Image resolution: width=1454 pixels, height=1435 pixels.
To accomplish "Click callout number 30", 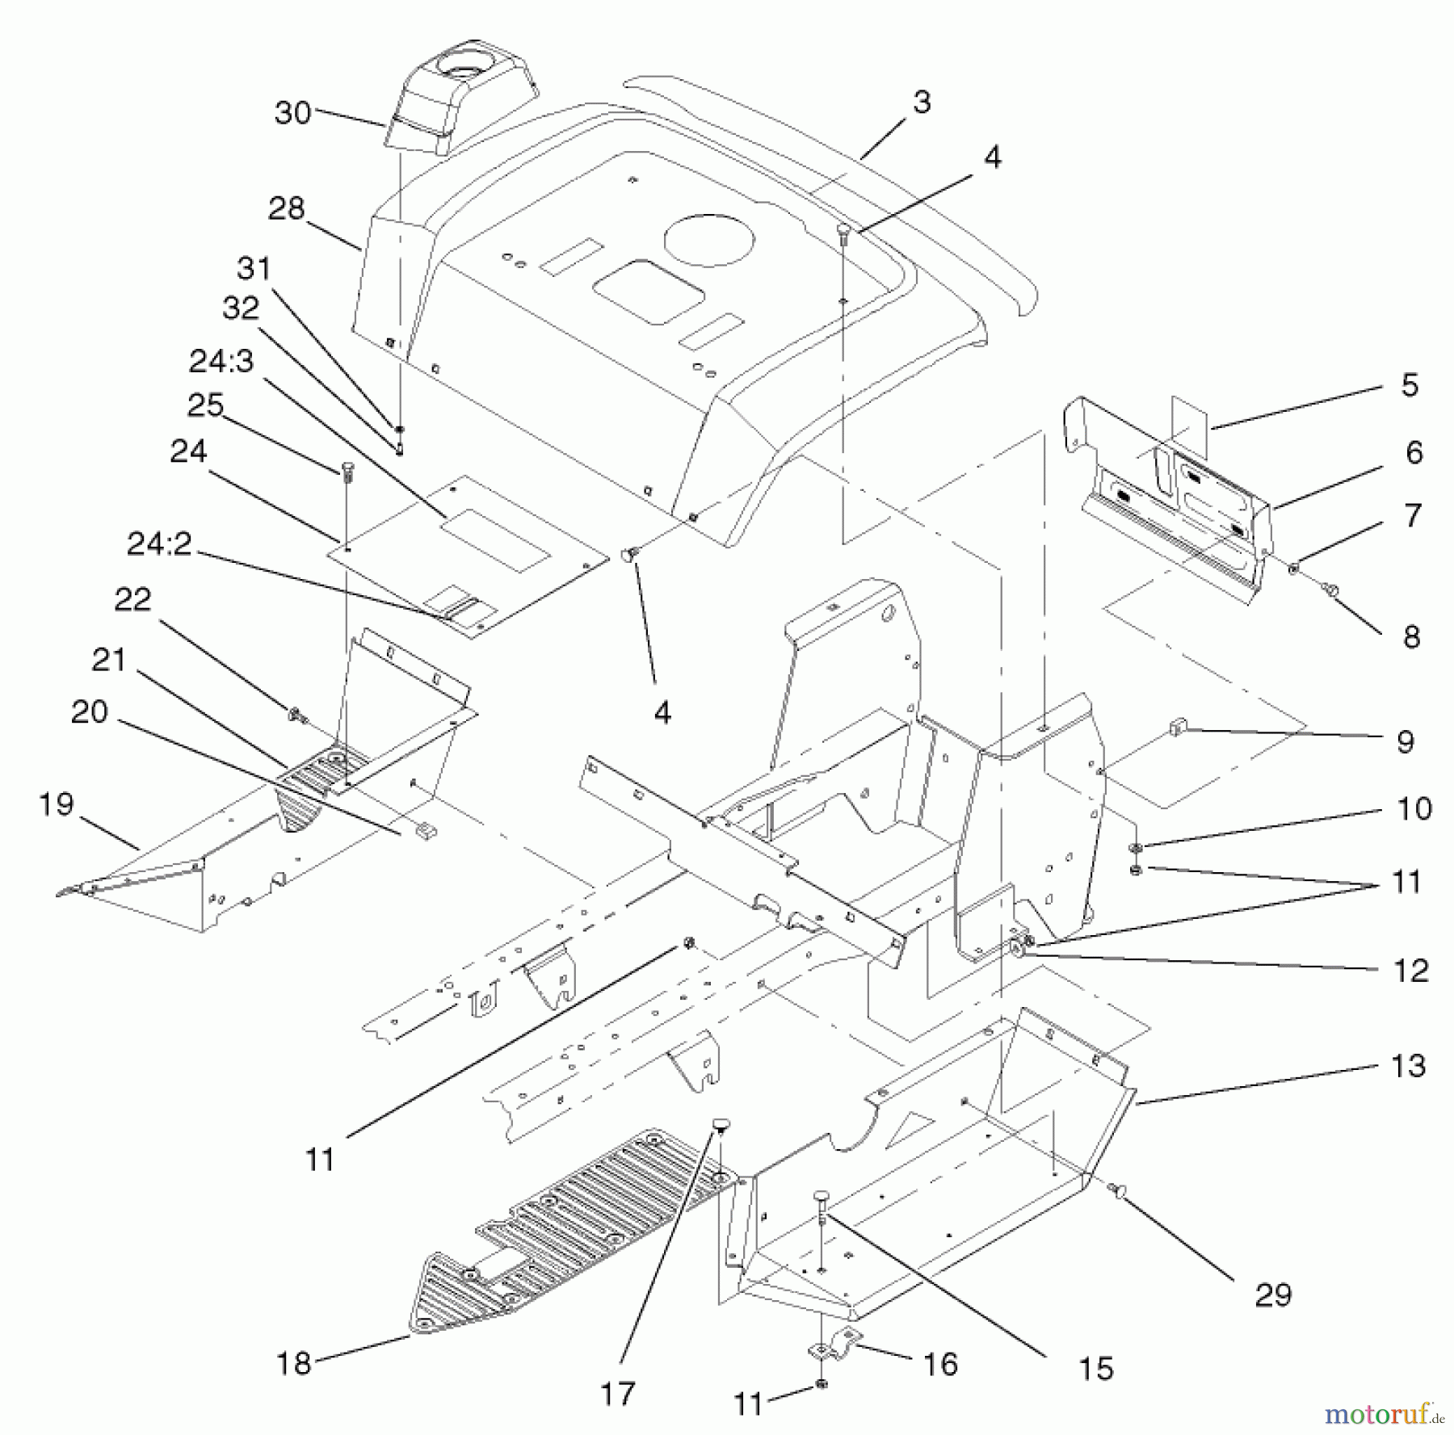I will [x=292, y=113].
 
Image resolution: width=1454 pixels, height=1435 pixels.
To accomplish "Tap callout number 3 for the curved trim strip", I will [x=922, y=102].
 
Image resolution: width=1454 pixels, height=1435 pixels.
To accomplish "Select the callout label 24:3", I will [x=221, y=361].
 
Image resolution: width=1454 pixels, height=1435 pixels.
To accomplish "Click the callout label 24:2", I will [x=158, y=544].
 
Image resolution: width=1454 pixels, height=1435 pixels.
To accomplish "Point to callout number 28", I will [x=286, y=208].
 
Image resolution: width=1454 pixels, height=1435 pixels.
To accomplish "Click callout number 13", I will [x=1408, y=1065].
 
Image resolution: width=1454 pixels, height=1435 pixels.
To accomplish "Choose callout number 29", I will [x=1272, y=1294].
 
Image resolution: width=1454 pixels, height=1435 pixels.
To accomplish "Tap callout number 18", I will [x=293, y=1364].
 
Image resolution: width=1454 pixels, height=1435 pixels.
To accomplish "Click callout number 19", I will [x=57, y=804].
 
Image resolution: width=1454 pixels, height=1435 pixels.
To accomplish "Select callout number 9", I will [x=1405, y=742].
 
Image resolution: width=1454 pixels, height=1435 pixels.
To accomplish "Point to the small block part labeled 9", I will [x=1176, y=729].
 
